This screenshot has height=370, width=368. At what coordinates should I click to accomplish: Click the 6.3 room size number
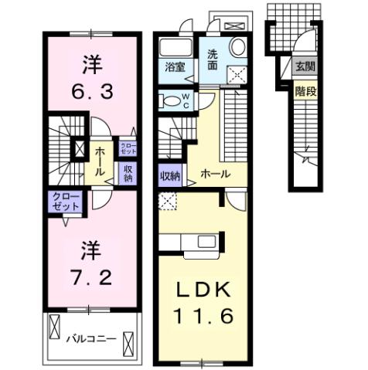click(x=87, y=91)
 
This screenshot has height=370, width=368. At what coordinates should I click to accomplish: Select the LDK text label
click(x=203, y=290)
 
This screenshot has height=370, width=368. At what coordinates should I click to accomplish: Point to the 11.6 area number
click(x=203, y=317)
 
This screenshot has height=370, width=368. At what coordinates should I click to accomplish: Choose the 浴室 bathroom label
click(x=174, y=67)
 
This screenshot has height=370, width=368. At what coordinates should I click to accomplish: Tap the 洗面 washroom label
click(x=212, y=60)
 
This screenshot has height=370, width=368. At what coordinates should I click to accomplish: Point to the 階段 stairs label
click(x=305, y=90)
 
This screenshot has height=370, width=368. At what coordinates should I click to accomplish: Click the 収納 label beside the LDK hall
click(x=169, y=175)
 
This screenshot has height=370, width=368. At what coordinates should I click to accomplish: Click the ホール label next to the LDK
click(x=215, y=175)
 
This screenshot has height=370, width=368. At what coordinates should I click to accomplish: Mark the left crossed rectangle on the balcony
click(x=54, y=328)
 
